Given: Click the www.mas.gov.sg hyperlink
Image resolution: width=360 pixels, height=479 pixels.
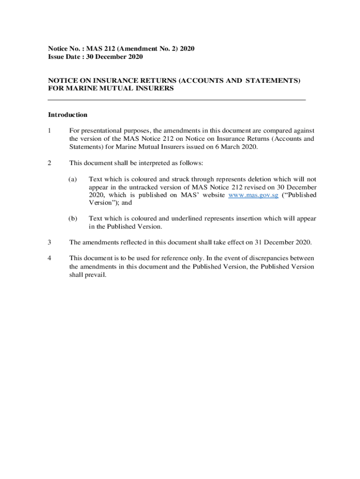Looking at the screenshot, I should pos(253,195).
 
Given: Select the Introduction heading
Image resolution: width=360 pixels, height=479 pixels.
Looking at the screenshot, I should pos(68,115).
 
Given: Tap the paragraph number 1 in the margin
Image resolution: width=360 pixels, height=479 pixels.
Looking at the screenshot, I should pos(50,130).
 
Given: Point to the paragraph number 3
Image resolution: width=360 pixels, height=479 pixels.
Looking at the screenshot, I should pos(50,242).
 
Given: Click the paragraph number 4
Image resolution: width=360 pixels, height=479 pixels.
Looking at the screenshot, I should pos(50,258).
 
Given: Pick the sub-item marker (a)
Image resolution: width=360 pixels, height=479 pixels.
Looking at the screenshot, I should pos(72,179).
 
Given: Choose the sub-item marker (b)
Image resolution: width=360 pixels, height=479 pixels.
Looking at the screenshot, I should pos(72,218).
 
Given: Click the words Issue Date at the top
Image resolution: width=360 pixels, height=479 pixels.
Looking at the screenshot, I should pos(63,57).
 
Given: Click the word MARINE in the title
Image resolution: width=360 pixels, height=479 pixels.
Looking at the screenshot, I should pos(76,88).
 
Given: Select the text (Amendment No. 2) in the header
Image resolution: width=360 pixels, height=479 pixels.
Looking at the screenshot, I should pos(143,49).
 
